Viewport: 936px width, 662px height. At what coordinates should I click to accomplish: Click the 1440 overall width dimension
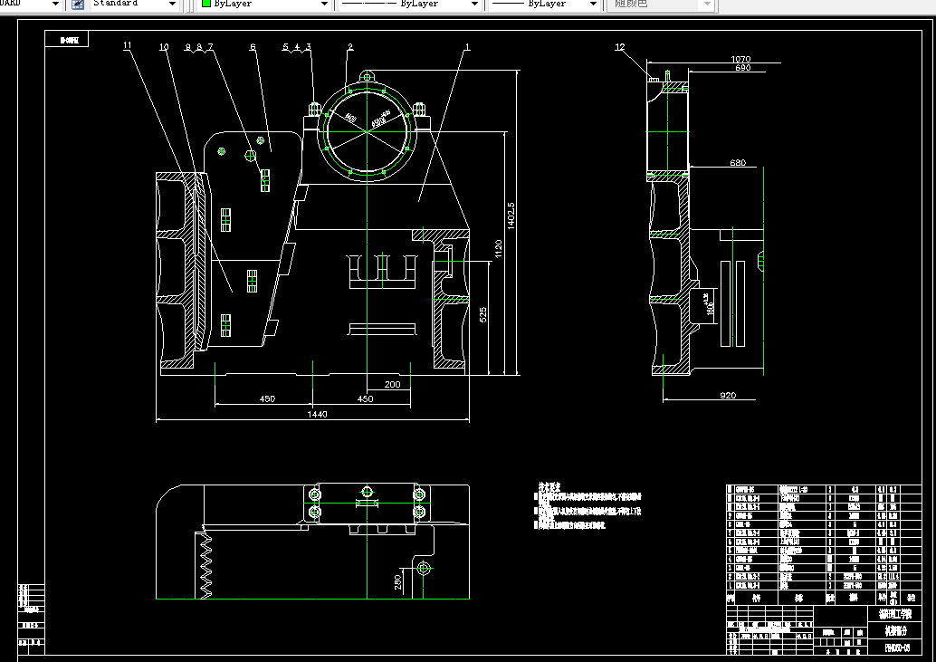[x=316, y=414]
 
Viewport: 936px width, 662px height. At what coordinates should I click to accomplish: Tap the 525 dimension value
[x=483, y=314]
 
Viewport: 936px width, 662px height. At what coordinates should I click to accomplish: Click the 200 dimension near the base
[x=392, y=384]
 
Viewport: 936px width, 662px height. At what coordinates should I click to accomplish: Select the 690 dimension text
[x=742, y=68]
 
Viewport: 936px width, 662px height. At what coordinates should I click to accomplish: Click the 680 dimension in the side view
[x=737, y=163]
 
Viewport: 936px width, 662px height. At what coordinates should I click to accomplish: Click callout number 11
[x=127, y=45]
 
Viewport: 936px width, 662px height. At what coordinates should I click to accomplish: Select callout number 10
[x=164, y=46]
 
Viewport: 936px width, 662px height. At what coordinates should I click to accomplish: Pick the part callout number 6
[x=253, y=46]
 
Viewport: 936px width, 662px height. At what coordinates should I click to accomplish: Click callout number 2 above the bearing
[x=350, y=46]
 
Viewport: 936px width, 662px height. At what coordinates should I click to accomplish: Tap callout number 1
[x=467, y=46]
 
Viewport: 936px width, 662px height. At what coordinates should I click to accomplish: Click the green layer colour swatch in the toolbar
[x=206, y=5]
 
